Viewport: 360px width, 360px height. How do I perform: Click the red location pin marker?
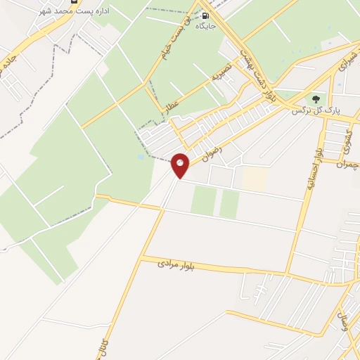pos(180,165)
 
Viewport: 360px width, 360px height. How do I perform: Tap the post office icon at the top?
pos(74,3)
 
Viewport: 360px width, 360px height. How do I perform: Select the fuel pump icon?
pos(205,15)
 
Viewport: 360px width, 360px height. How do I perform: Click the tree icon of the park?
pos(316,99)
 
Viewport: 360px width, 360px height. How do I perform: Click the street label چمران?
pos(347,165)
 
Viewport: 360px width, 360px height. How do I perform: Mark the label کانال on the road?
pos(105,346)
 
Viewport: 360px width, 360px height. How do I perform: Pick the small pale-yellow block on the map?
pos(255,179)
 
